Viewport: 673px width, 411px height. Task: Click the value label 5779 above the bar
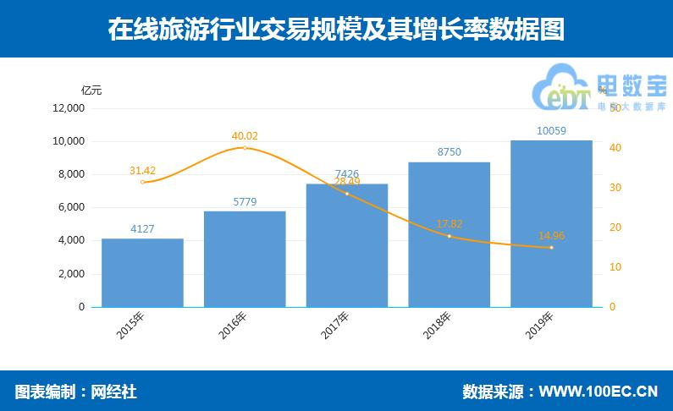pyautogui.click(x=245, y=202)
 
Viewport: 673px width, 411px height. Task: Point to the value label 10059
pyautogui.click(x=551, y=131)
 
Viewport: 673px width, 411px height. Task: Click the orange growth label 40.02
pyautogui.click(x=245, y=135)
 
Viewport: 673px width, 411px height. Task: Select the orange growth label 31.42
pyautogui.click(x=142, y=170)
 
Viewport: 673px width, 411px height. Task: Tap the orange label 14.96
pyautogui.click(x=551, y=235)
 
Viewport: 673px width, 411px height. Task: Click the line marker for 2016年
pyautogui.click(x=245, y=148)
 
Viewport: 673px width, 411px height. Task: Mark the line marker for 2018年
pyautogui.click(x=449, y=236)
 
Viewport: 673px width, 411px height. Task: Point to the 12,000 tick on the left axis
pyautogui.click(x=69, y=108)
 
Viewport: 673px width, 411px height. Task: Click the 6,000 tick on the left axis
pyautogui.click(x=71, y=207)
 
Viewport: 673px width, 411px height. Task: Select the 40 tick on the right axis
pyautogui.click(x=615, y=148)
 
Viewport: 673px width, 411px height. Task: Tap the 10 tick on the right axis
pyautogui.click(x=615, y=267)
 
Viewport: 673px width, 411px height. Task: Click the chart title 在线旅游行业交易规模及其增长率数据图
pyautogui.click(x=336, y=29)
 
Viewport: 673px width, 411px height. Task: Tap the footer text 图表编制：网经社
pyautogui.click(x=75, y=392)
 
